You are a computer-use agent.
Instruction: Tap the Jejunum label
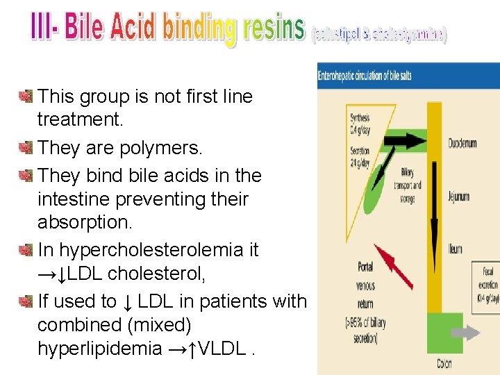(x=458, y=197)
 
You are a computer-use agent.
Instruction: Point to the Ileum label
(x=456, y=249)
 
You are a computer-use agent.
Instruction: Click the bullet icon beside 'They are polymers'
(x=26, y=147)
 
